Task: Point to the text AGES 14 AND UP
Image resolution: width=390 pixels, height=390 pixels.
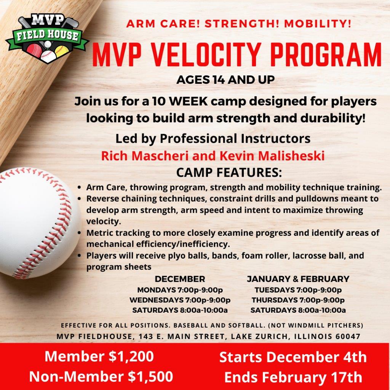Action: pos(225,80)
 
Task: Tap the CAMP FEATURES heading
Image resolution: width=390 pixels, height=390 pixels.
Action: pos(229,173)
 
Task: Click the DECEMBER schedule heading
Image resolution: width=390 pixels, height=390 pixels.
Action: pos(180,279)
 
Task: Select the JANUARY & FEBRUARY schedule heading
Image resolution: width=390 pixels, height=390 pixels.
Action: pos(298,279)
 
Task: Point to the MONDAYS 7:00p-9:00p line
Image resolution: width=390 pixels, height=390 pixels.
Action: pos(180,290)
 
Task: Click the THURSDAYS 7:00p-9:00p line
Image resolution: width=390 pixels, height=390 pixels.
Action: pos(298,300)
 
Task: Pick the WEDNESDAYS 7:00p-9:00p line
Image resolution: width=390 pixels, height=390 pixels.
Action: pos(180,300)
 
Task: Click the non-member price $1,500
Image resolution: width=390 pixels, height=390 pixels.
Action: pos(150,376)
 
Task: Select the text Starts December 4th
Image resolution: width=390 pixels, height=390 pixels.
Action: pos(293,357)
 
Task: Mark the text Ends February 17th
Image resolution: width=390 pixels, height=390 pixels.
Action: pos(293,377)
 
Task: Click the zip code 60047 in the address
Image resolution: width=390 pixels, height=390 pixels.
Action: pos(348,337)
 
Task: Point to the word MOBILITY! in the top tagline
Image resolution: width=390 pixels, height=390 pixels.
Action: pos(318,24)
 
